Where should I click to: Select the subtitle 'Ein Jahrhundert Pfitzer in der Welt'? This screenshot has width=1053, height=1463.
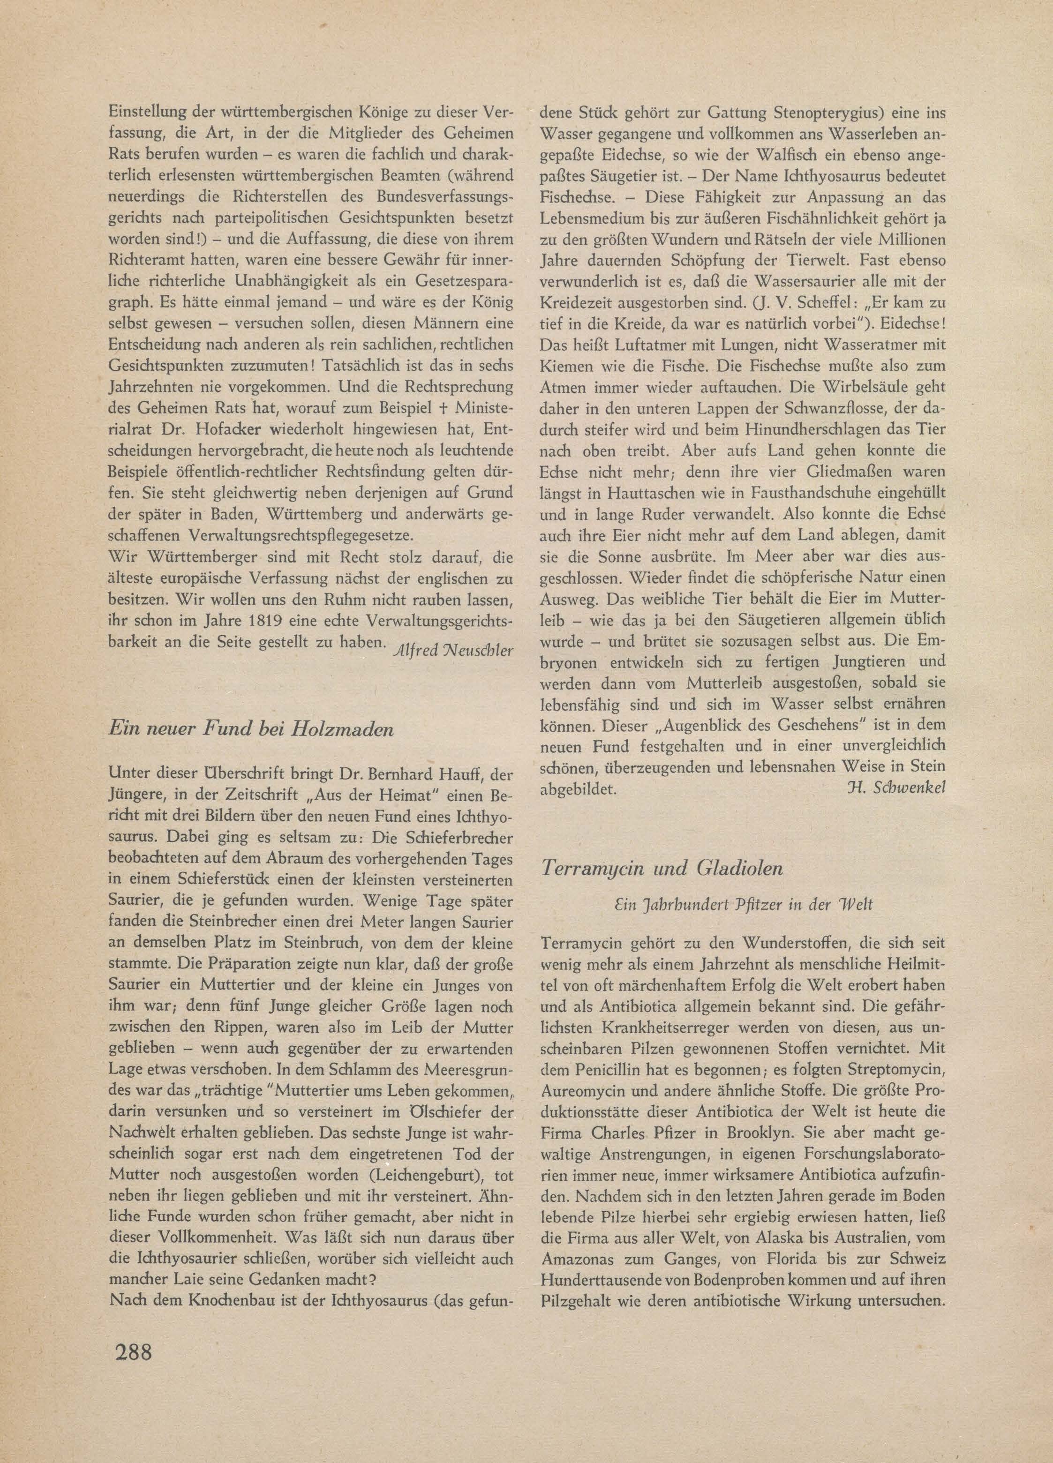(x=743, y=904)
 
